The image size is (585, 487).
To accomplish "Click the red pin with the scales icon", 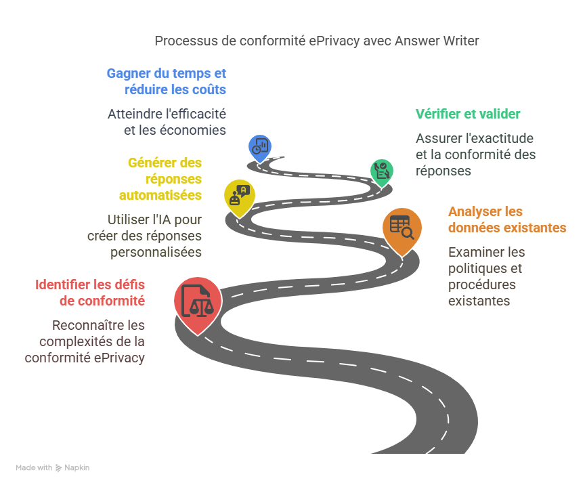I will (x=196, y=301).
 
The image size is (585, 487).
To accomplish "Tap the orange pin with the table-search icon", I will (x=402, y=229).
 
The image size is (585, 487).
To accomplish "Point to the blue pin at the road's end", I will (x=260, y=146).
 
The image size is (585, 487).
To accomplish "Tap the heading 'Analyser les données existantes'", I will (x=506, y=219).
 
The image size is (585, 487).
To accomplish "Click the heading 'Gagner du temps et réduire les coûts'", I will (x=167, y=81).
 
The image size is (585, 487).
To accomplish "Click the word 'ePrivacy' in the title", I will (x=336, y=41).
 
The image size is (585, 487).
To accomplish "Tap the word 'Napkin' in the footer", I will (x=77, y=467).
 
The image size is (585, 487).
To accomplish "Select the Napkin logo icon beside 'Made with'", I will (x=59, y=467).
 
